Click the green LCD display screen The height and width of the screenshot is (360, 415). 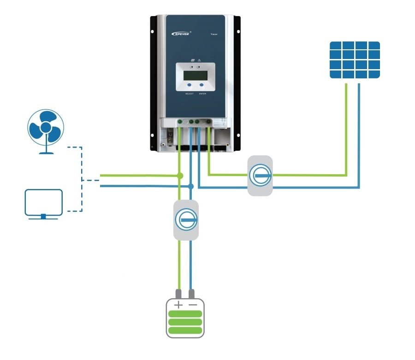tap(195, 75)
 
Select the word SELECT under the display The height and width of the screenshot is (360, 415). tap(189, 94)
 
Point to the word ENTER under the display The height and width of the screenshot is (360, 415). tap(202, 94)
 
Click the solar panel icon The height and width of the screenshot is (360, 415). tap(355, 59)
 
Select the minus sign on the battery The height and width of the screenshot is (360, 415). tap(192, 305)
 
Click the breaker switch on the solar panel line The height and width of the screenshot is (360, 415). tap(260, 176)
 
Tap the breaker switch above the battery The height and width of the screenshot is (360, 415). tap(186, 219)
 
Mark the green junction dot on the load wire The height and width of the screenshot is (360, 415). tap(180, 176)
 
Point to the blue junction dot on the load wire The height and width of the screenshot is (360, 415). tap(190, 186)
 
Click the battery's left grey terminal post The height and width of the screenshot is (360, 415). tap(178, 293)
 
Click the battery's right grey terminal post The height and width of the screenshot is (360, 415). tap(192, 293)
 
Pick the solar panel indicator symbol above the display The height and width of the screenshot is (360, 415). tap(190, 60)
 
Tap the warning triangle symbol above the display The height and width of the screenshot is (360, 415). tap(199, 60)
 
